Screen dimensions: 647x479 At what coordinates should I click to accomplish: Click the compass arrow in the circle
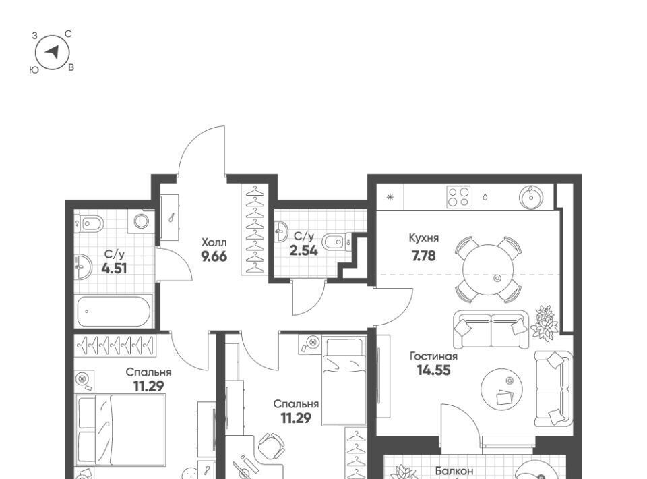(x=53, y=52)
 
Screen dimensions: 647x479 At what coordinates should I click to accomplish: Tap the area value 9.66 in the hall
(x=214, y=257)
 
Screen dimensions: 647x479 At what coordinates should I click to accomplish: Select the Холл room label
(x=214, y=242)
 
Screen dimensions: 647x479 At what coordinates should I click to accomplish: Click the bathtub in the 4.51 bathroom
(x=114, y=312)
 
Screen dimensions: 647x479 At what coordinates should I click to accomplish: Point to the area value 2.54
(x=304, y=250)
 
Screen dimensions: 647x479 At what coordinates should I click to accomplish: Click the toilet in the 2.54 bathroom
(x=336, y=242)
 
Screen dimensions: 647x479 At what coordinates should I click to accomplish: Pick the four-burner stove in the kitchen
(x=458, y=197)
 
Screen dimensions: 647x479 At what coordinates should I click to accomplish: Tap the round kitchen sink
(x=532, y=198)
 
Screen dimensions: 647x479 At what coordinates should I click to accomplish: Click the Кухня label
(x=424, y=238)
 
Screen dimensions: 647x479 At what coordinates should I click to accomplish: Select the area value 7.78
(x=423, y=256)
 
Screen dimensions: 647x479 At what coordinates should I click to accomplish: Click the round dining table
(x=488, y=270)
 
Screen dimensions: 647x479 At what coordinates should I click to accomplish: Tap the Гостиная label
(x=433, y=356)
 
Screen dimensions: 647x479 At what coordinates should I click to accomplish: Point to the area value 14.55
(x=433, y=370)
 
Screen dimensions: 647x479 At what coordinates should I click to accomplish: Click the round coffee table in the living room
(x=501, y=389)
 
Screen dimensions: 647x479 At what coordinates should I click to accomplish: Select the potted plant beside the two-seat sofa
(x=545, y=322)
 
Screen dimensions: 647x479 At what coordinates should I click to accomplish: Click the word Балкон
(x=454, y=471)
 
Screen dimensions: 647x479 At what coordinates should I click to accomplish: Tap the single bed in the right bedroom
(x=344, y=381)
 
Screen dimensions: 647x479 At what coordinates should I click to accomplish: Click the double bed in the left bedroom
(x=121, y=430)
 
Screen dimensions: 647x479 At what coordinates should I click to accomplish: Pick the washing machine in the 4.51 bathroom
(x=141, y=221)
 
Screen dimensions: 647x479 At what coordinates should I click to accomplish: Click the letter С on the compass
(x=69, y=34)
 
